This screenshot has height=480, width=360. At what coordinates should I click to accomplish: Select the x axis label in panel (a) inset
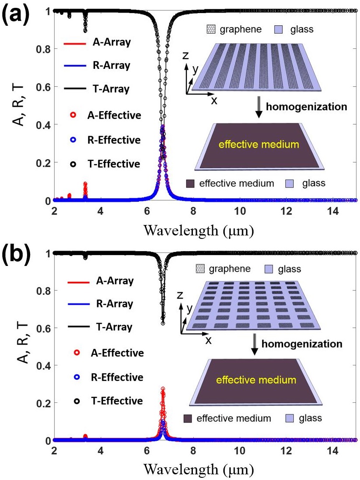coord(214,100)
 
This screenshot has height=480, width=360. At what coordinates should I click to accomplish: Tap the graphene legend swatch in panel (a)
coord(211,31)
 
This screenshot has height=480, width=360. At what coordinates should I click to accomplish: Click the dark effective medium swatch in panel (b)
coord(188,419)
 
